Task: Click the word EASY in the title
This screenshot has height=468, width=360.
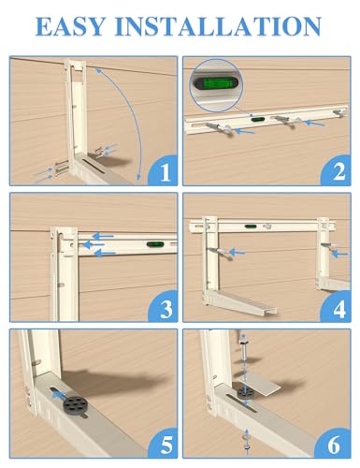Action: (x=70, y=26)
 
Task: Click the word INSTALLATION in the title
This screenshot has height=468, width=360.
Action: (x=218, y=26)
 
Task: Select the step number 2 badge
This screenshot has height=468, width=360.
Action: (x=337, y=171)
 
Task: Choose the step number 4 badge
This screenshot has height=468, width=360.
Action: (x=337, y=307)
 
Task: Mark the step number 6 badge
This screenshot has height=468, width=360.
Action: (x=337, y=443)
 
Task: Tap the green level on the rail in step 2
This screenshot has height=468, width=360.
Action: (x=257, y=119)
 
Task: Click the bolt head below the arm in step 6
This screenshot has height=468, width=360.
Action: (x=247, y=447)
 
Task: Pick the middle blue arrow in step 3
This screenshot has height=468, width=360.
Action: (x=94, y=244)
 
